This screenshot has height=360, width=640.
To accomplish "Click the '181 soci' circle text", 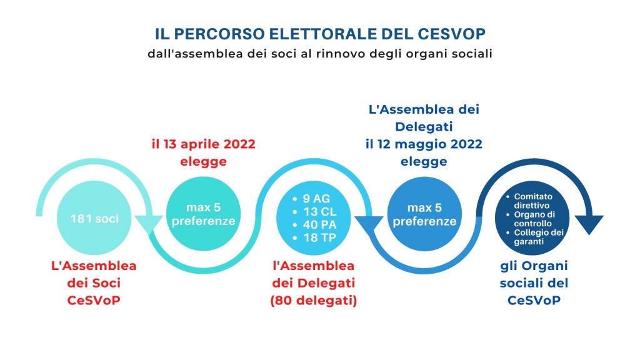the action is click(x=94, y=219).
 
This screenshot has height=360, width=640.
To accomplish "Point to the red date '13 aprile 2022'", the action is click(x=209, y=144).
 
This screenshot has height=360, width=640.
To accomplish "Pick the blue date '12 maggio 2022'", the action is click(x=429, y=144).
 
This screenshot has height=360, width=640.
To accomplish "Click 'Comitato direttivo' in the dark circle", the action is click(x=533, y=201).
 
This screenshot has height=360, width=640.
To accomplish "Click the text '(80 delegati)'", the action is click(x=314, y=301).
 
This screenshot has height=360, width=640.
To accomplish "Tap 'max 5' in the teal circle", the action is click(x=203, y=207).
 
